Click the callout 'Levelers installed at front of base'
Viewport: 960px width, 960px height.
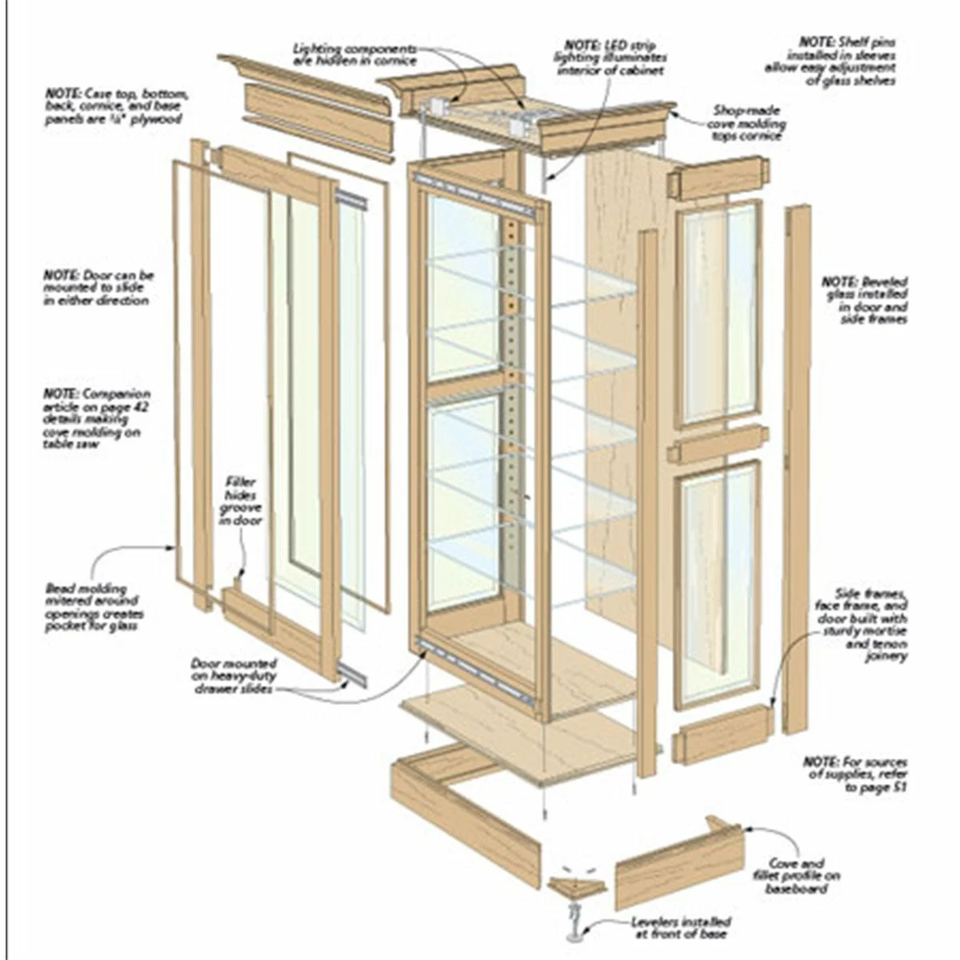click(680, 927)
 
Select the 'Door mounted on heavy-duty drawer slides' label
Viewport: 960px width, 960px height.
click(234, 676)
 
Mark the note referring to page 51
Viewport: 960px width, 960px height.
click(856, 775)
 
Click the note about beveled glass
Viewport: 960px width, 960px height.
click(865, 300)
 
